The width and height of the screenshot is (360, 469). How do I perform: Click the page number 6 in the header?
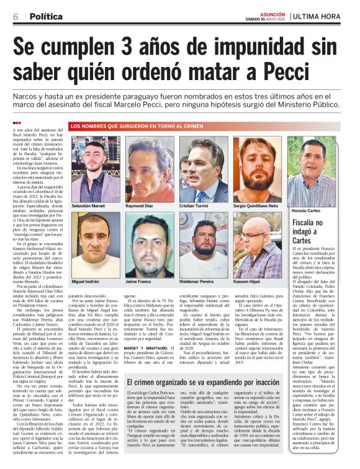click(x=16, y=17)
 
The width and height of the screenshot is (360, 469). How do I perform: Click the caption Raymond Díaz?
click(x=140, y=204)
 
